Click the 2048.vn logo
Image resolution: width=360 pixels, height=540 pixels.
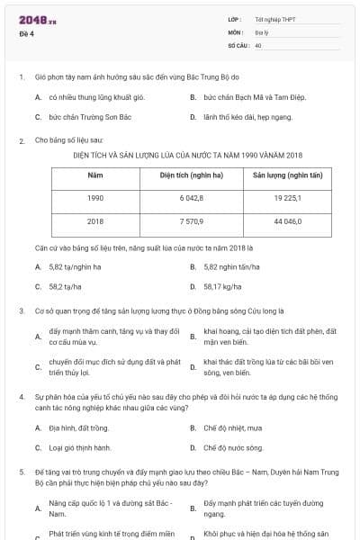point(37,19)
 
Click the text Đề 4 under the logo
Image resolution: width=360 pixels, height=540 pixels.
point(27,34)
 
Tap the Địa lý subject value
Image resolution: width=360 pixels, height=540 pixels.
point(260,31)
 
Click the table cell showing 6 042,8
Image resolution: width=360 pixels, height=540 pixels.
point(191,196)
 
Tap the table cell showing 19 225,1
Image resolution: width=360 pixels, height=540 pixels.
point(288,196)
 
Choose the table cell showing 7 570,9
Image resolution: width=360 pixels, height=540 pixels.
point(191,220)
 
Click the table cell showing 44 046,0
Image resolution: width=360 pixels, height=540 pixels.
point(288,220)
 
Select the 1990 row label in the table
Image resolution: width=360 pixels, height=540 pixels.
point(95,196)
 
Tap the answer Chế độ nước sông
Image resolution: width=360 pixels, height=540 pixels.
point(232,446)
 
